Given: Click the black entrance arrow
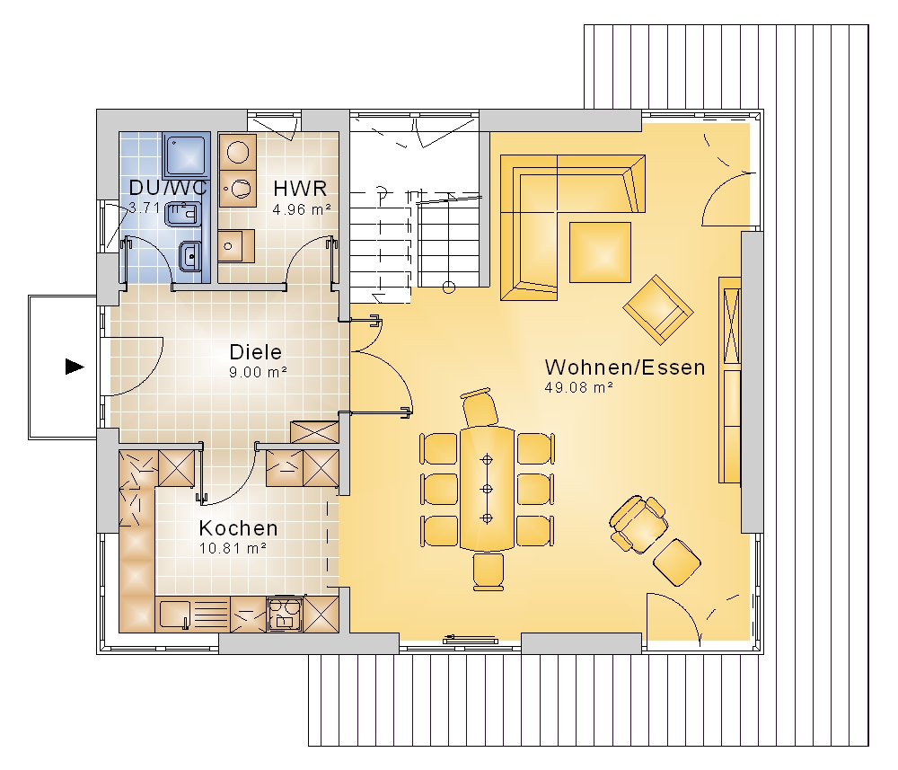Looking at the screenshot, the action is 75,367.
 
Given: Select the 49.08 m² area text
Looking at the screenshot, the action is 579,387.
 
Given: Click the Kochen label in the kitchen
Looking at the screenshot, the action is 238,527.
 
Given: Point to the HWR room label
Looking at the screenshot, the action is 300,188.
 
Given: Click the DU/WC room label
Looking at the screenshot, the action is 167,188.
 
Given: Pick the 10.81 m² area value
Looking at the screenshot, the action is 233,548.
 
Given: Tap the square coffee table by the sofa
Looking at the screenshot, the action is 600,252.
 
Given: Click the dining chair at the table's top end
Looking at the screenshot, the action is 480,407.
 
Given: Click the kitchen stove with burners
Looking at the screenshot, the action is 285,615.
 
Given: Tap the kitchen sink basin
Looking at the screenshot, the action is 174,615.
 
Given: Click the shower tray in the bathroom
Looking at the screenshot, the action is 186,155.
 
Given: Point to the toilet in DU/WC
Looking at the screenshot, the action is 182,214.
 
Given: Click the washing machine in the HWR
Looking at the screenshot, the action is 237,151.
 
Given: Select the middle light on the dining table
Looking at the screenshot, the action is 488,489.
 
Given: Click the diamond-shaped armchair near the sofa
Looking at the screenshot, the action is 658,309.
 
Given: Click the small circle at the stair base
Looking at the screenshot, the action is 449,288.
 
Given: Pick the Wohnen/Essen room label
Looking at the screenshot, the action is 625,367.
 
